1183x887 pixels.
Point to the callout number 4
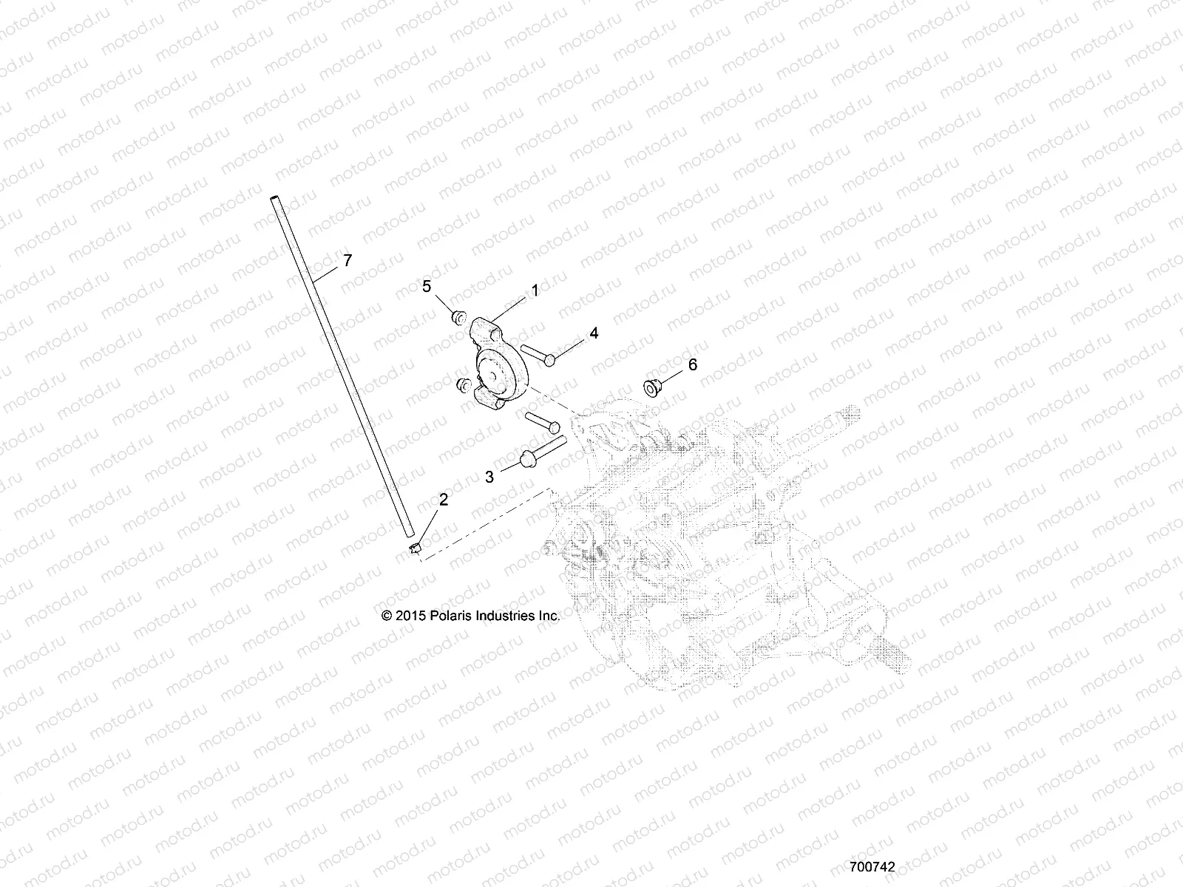coord(594,333)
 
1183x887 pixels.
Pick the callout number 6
coord(692,364)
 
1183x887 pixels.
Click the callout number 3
coord(489,477)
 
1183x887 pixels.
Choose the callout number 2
coord(443,500)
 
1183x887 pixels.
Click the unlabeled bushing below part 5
coord(464,385)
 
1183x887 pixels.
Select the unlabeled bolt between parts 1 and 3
coord(543,425)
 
